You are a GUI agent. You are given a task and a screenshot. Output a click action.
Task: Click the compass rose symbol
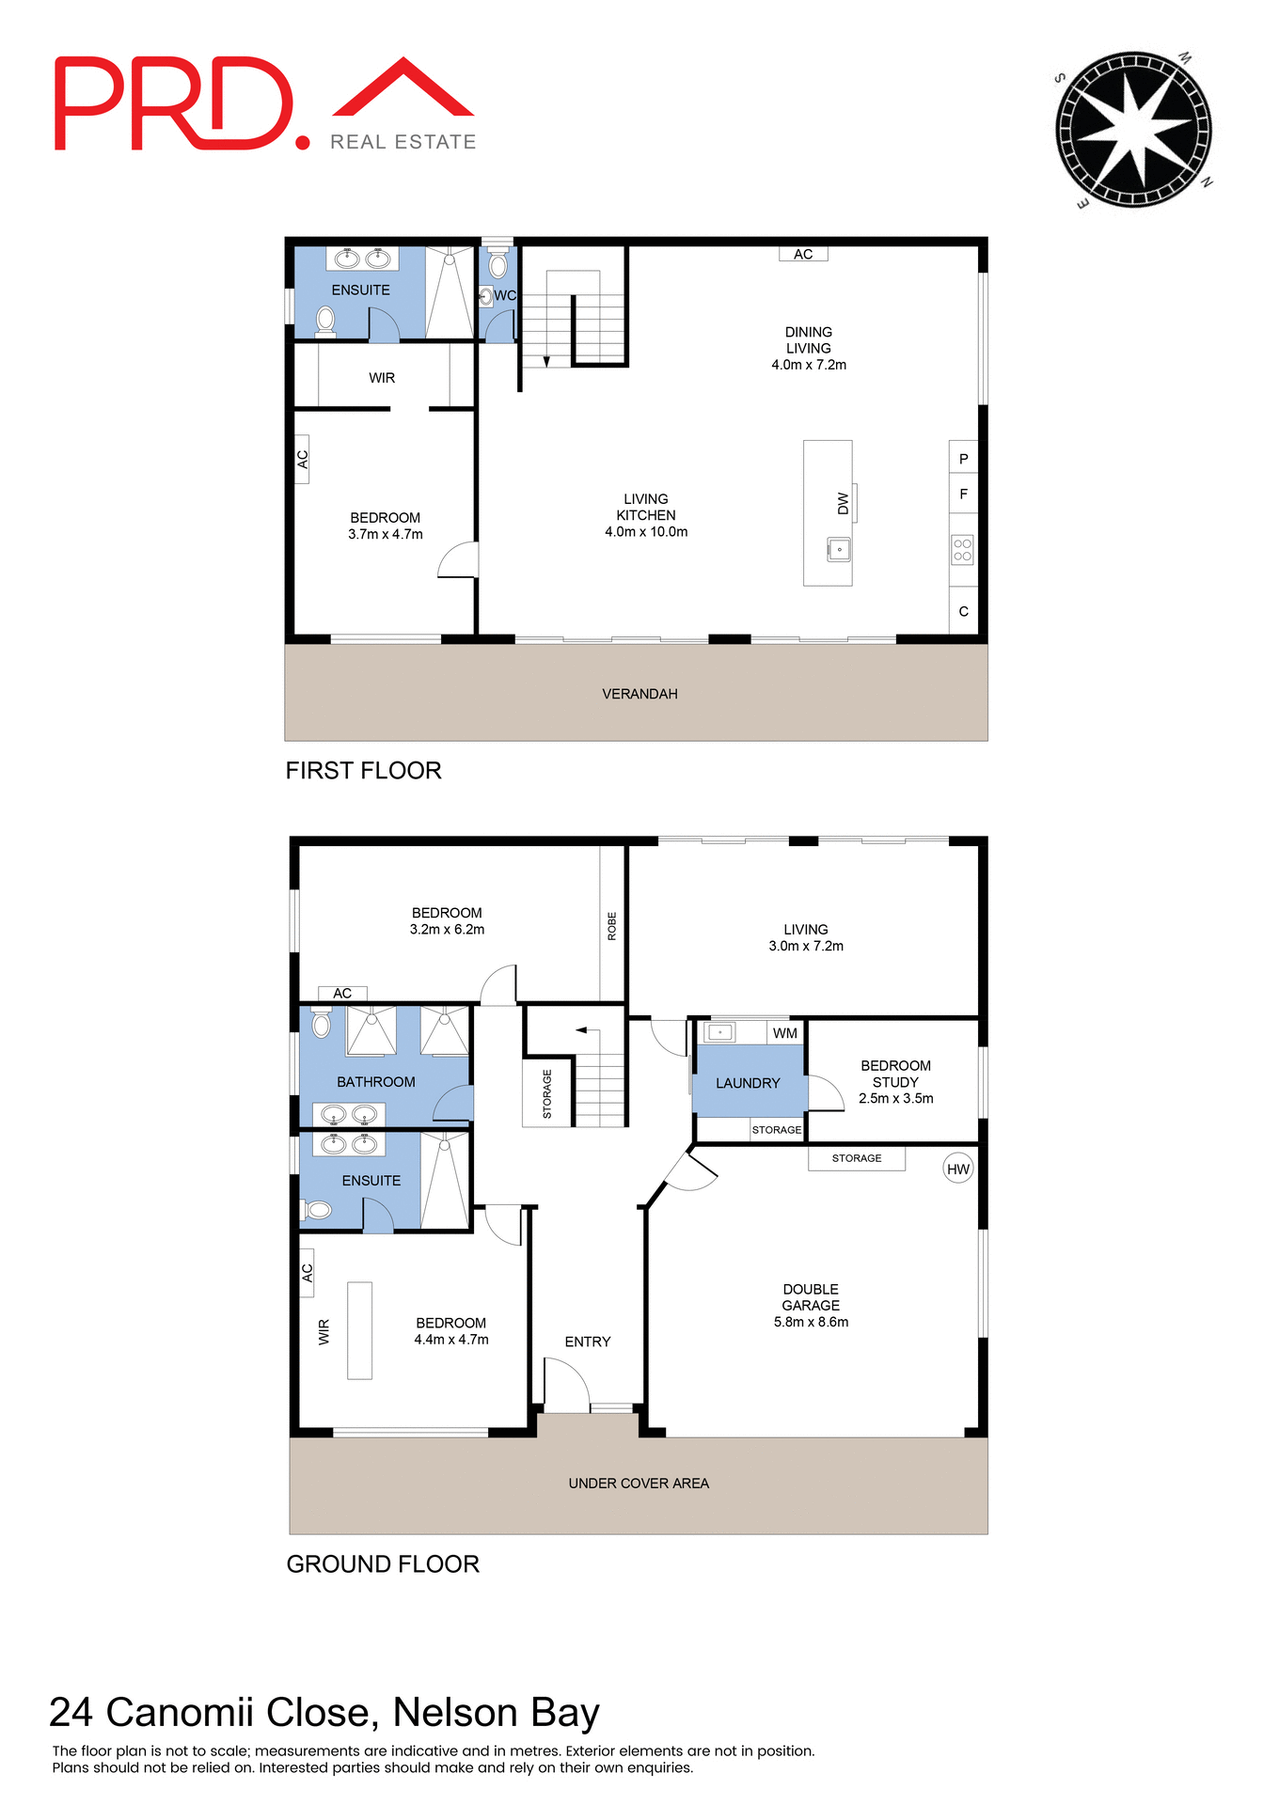pyautogui.click(x=1133, y=130)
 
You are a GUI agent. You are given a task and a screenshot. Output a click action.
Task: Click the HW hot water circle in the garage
pyautogui.click(x=957, y=1169)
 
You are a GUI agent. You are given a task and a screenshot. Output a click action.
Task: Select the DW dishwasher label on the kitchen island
pyautogui.click(x=843, y=504)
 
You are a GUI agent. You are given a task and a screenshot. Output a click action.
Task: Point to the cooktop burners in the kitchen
pyautogui.click(x=962, y=550)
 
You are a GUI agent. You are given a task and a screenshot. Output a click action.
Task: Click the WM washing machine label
pyautogui.click(x=784, y=1033)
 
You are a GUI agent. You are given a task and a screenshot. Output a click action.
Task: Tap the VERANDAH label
pyautogui.click(x=639, y=694)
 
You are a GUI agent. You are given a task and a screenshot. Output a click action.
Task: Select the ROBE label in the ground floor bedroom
pyautogui.click(x=612, y=926)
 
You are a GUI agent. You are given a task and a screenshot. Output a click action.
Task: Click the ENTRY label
pyautogui.click(x=588, y=1342)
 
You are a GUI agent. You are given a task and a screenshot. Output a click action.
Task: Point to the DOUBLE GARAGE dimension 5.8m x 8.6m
pyautogui.click(x=811, y=1322)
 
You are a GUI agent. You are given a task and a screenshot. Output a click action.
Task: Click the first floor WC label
pyautogui.click(x=505, y=295)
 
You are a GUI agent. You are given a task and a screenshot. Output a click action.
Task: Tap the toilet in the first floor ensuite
pyautogui.click(x=325, y=320)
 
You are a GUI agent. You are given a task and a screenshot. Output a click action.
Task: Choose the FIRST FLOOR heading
pyautogui.click(x=363, y=771)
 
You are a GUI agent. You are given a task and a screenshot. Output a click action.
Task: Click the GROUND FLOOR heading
pyautogui.click(x=383, y=1564)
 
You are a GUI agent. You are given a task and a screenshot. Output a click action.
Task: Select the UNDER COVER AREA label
pyautogui.click(x=639, y=1483)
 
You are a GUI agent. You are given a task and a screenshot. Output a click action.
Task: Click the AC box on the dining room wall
pyautogui.click(x=803, y=254)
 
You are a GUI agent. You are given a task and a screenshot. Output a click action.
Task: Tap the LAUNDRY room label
pyautogui.click(x=748, y=1083)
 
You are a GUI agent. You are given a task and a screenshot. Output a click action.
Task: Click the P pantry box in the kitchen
pyautogui.click(x=963, y=459)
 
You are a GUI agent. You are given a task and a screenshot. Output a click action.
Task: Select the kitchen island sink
pyautogui.click(x=839, y=549)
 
